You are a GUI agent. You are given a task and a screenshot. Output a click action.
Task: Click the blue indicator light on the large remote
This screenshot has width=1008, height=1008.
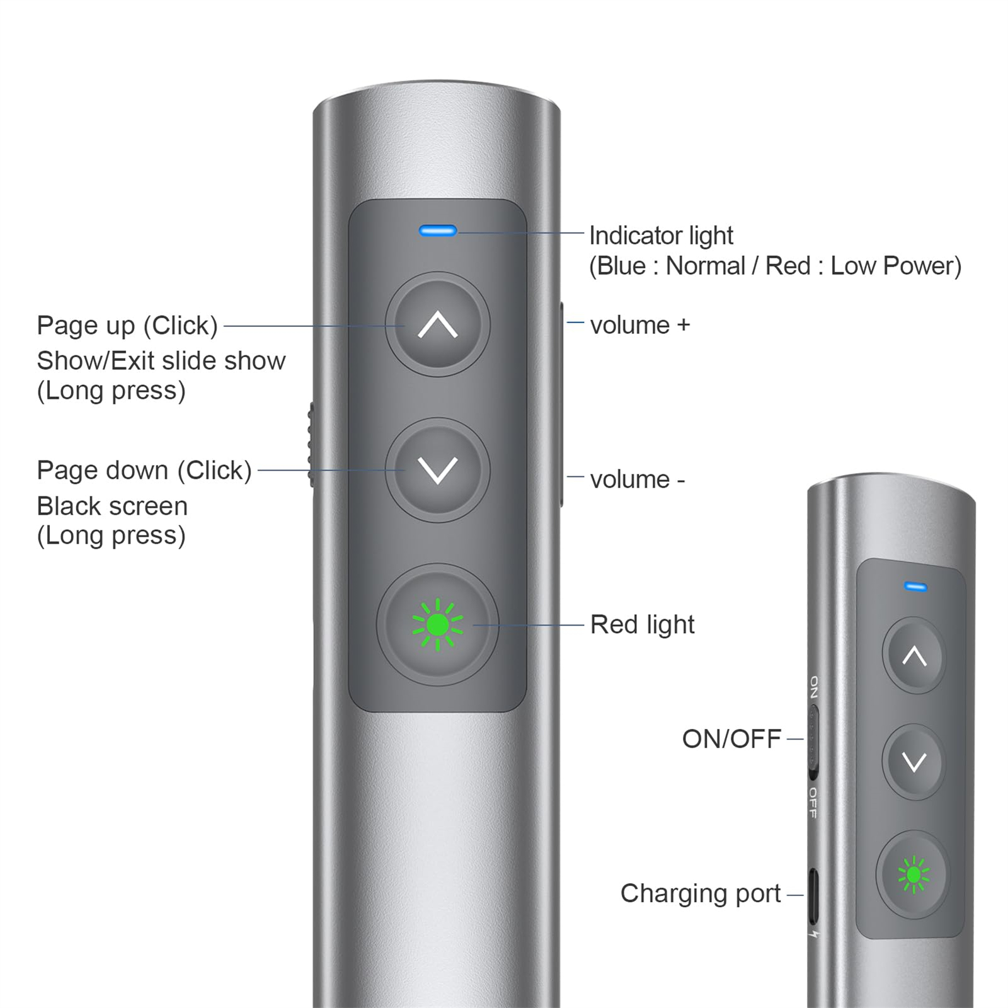(438, 231)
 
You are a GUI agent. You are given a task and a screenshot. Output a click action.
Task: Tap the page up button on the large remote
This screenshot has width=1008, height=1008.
(438, 324)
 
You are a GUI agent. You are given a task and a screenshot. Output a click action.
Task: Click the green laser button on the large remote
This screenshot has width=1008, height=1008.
(438, 624)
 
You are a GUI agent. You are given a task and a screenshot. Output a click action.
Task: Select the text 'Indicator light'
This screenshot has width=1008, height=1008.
(661, 236)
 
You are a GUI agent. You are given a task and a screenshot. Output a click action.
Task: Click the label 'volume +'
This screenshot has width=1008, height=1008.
(640, 325)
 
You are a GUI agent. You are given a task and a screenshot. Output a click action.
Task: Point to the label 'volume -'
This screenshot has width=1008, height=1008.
(638, 479)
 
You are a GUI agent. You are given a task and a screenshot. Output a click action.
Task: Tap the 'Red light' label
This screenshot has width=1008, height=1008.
(642, 624)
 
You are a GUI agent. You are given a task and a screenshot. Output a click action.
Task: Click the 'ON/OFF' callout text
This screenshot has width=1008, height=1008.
(731, 739)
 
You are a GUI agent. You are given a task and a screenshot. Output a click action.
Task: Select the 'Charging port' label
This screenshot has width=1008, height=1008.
(701, 893)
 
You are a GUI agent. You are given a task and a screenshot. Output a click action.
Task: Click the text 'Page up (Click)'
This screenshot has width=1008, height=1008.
(127, 326)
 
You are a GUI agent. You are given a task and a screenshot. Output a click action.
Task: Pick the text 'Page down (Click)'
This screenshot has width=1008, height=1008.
(144, 471)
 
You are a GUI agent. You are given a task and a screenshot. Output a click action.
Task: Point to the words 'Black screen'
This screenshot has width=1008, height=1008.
(112, 506)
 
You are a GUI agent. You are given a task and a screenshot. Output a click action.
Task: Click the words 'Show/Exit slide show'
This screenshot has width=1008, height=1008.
(161, 361)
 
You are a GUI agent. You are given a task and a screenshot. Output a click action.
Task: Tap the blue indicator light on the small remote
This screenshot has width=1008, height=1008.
(915, 587)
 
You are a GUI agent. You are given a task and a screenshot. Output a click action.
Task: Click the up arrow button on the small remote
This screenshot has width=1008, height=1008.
(914, 656)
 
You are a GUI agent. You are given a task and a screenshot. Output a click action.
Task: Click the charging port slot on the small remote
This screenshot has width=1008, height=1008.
(813, 895)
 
